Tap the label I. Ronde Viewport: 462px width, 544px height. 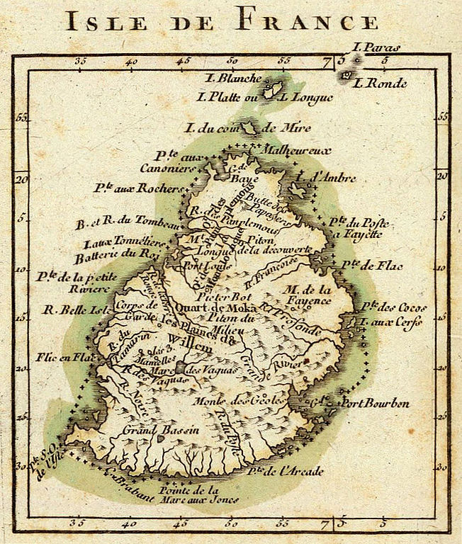(x=381, y=83)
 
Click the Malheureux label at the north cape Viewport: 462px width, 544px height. (x=287, y=150)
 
